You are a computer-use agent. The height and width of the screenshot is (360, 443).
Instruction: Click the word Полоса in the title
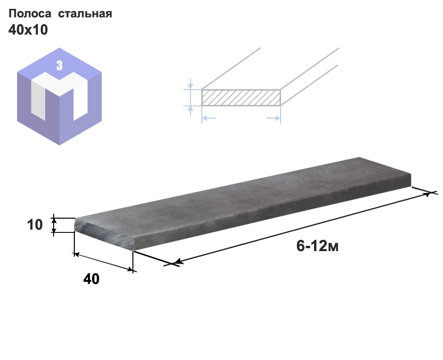[30, 14]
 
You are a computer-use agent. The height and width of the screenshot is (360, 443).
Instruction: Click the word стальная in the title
[85, 14]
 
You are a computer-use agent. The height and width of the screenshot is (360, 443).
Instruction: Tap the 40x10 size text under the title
[28, 30]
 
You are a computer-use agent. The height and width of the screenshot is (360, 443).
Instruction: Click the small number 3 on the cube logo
[60, 65]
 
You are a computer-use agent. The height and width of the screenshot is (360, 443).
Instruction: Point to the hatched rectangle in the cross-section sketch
[241, 98]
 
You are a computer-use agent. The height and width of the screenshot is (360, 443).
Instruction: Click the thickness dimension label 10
[35, 225]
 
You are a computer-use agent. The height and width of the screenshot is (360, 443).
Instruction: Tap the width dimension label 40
[91, 279]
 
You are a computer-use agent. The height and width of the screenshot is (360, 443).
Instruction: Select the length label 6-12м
[317, 246]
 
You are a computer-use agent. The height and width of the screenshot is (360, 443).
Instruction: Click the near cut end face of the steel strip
[104, 234]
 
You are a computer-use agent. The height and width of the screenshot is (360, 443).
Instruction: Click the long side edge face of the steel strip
[273, 215]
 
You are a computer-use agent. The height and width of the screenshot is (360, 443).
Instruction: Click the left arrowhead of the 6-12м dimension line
[179, 262]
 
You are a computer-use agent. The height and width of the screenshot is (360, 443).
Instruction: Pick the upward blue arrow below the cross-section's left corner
[190, 111]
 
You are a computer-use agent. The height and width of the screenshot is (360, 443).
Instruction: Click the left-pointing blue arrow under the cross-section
[209, 118]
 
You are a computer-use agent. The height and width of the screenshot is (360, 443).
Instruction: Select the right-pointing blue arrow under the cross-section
[273, 118]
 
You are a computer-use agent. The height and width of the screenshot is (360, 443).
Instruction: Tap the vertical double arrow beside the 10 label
[54, 225]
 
